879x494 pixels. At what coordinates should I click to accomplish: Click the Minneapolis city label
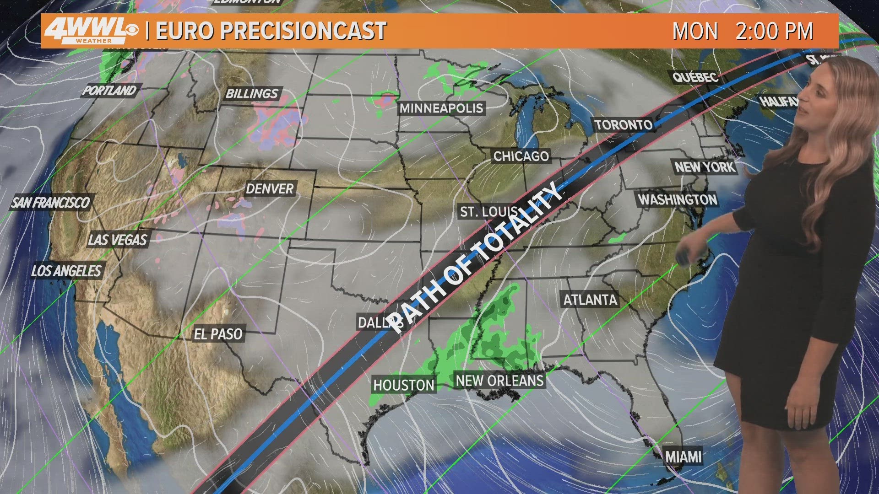[x=441, y=108]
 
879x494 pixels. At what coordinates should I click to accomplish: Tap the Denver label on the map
[x=270, y=188]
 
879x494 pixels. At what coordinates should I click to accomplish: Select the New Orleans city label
[x=499, y=381]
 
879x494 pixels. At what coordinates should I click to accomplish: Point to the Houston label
[x=403, y=385]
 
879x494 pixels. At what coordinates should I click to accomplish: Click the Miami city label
[x=683, y=456]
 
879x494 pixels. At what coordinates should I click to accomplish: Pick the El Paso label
[x=218, y=334]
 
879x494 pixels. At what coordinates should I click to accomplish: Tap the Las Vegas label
[x=118, y=239]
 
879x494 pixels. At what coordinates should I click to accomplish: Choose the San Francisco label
[x=50, y=202]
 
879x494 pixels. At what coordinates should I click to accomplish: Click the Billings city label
[x=252, y=94]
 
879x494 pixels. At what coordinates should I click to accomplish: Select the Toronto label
[x=624, y=124]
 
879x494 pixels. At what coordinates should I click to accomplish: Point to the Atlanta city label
[x=590, y=300]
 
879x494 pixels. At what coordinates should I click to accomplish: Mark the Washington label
[x=678, y=199]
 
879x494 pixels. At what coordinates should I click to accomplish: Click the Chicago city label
[x=521, y=156]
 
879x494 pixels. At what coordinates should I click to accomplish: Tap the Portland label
[x=109, y=90]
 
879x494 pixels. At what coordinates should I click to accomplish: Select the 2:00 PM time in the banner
[x=774, y=31]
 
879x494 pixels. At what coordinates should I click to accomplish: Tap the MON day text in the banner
[x=695, y=31]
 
